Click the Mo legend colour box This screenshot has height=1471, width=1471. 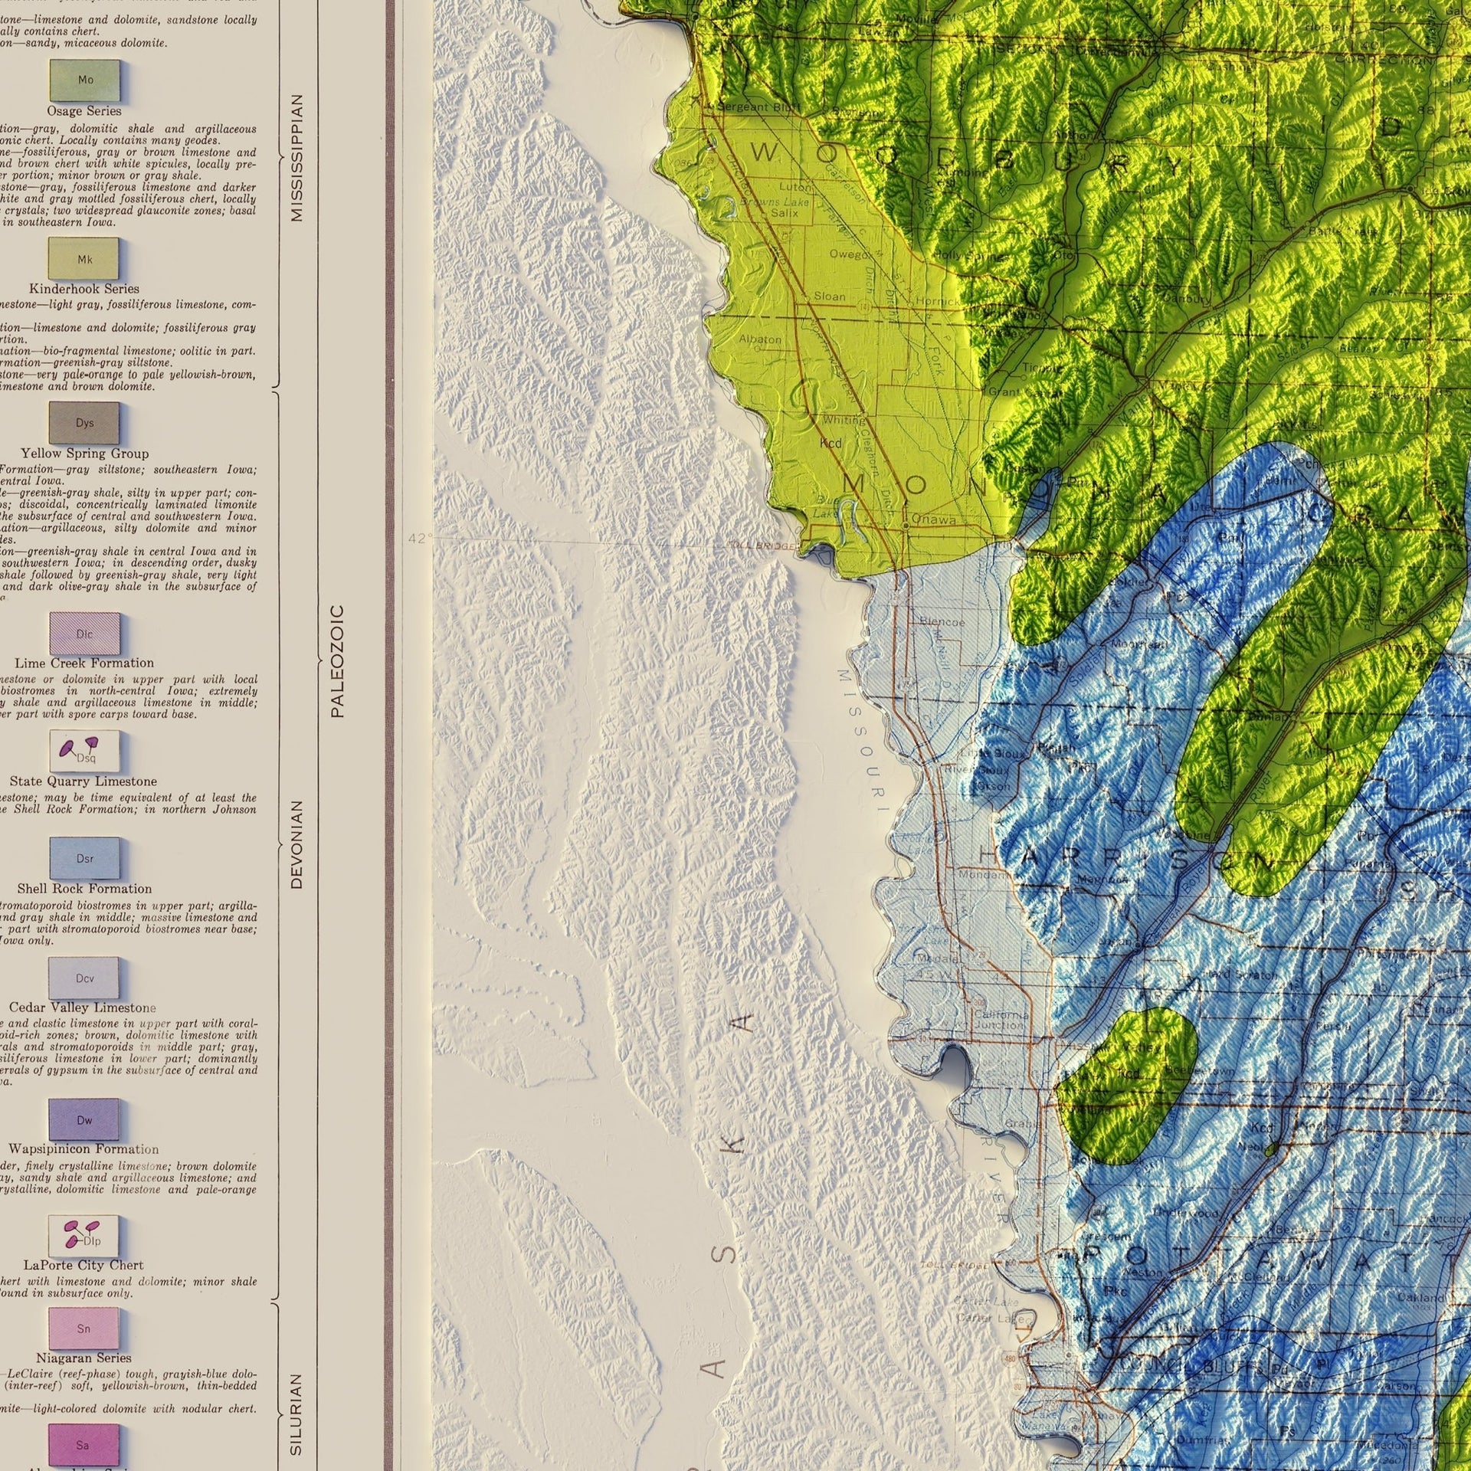point(85,80)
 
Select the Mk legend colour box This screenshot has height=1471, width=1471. point(84,259)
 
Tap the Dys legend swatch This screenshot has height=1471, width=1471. point(84,423)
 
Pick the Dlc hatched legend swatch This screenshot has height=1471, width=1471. point(84,634)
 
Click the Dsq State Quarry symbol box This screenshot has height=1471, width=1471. point(84,752)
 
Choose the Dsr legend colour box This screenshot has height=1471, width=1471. point(84,858)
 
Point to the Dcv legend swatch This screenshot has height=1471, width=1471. point(84,978)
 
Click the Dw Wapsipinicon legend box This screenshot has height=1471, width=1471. point(84,1119)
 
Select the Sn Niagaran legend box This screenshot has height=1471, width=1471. point(84,1328)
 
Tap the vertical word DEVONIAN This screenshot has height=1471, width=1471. point(297,844)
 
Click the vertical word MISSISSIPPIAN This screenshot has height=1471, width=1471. point(297,158)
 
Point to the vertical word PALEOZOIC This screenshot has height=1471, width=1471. point(337,661)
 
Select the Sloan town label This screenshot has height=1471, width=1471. point(829,296)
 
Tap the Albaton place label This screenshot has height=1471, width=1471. point(760,339)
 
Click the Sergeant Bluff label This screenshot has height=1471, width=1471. point(747,107)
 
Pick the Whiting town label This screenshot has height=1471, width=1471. point(844,420)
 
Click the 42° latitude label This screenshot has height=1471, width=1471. point(419,539)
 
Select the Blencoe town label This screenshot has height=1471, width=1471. point(942,622)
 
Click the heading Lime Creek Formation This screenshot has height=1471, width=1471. point(84,663)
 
